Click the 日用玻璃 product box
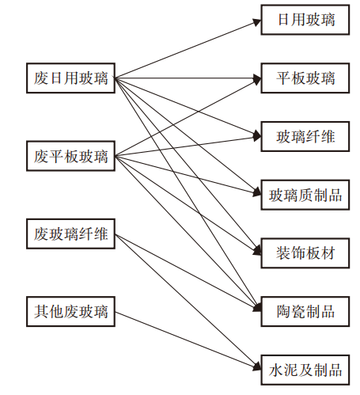click(305, 20)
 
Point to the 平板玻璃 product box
click(305, 78)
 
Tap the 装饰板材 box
click(305, 253)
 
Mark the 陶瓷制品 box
click(305, 311)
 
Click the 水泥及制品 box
click(305, 370)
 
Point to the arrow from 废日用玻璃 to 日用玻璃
click(186, 50)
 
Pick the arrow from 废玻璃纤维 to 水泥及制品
click(190, 302)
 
